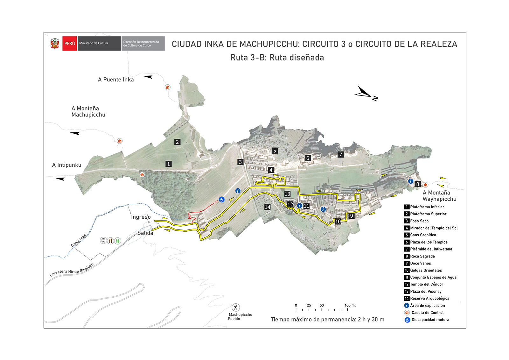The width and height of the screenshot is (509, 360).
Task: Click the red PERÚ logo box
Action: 69,44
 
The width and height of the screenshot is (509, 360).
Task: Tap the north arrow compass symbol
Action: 365,93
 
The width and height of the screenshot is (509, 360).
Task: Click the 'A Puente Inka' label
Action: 116,80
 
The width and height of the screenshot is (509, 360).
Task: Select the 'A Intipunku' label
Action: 67,165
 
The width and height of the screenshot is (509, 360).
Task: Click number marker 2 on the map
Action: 178,142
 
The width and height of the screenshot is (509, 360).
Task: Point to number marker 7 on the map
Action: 340,155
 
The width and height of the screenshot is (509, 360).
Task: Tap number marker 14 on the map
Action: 267,207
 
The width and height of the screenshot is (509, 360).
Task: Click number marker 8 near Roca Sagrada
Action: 418,184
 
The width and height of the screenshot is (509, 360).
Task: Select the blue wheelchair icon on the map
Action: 221,200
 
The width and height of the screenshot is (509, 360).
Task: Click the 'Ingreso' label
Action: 141,217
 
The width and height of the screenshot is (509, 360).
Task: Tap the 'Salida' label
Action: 145,233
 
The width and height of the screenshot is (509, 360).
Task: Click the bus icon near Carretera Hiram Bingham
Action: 103,241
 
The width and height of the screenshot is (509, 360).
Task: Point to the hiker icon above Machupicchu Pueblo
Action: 235,307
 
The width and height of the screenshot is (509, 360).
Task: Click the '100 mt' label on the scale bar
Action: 350,305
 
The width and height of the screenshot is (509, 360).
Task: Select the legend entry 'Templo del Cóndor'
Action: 426,284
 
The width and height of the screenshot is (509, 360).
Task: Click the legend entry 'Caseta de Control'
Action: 427,313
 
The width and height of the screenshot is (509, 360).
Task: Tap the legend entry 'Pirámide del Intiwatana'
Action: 431,249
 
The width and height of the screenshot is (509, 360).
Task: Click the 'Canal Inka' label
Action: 79,241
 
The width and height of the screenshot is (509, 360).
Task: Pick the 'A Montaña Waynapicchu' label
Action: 439,196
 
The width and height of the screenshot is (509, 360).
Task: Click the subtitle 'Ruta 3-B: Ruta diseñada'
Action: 277,58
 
